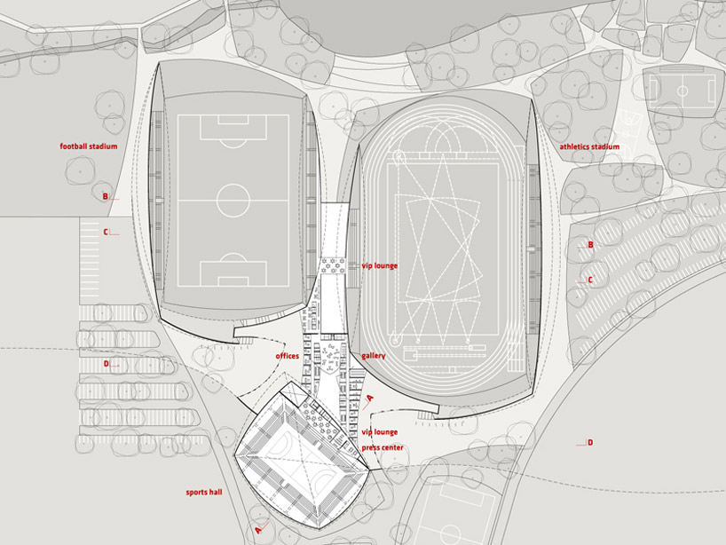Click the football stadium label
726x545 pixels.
pos(89,146)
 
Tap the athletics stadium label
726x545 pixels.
pos(589,146)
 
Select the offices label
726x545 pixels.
pos(287,356)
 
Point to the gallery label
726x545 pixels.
pos(374,356)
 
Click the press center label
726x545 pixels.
pos(383,447)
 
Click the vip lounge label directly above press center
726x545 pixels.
pos(379,432)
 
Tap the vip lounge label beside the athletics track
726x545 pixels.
pos(379,265)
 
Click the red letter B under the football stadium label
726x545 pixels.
pos(105,197)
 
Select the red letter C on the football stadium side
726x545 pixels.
pos(105,233)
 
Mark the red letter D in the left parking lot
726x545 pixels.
pos(105,363)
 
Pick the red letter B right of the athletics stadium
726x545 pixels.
pos(590,245)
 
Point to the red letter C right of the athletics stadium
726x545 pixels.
pos(590,280)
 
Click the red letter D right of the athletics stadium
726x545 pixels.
pos(590,442)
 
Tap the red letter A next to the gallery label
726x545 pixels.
pos(370,399)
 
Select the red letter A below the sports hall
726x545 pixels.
pos(258,527)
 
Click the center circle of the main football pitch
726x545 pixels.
pos(233,197)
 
